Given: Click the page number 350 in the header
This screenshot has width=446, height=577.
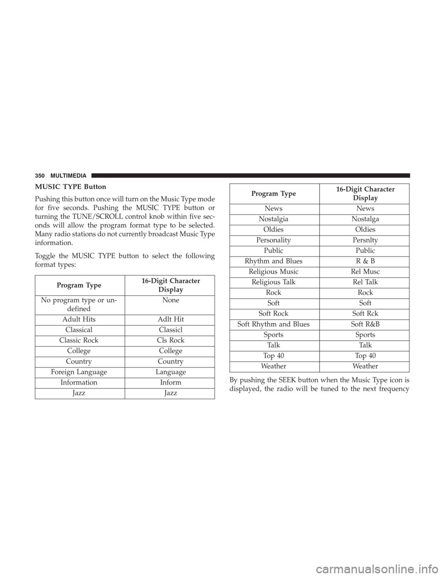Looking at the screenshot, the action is [x=40, y=176].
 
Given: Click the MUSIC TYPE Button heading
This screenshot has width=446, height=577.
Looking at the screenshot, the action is [x=70, y=187].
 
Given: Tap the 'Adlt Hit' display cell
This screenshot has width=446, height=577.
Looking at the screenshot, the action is [x=171, y=319].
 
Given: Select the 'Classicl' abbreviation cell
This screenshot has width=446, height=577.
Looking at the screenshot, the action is [x=171, y=330].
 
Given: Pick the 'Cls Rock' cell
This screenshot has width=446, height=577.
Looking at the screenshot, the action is [x=171, y=340].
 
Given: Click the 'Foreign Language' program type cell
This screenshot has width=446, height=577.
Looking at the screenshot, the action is [x=79, y=372].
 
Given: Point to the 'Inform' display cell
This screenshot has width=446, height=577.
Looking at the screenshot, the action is [x=171, y=382].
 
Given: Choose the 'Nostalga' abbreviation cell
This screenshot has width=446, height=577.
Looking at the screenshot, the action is [x=365, y=219].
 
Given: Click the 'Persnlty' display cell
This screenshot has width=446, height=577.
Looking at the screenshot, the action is [x=365, y=240].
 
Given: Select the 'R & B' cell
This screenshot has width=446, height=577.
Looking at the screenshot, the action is [x=365, y=261].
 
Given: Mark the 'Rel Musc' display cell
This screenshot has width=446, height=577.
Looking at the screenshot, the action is [x=365, y=272].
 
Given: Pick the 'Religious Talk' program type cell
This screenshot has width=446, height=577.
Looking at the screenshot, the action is [x=274, y=282].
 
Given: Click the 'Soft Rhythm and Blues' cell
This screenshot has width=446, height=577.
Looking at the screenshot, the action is [x=274, y=324].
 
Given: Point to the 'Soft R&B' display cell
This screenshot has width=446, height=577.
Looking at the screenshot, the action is [x=365, y=324].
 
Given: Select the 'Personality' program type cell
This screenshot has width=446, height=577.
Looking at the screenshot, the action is [x=274, y=240].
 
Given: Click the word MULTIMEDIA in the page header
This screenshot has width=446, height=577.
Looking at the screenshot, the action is [x=68, y=176].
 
